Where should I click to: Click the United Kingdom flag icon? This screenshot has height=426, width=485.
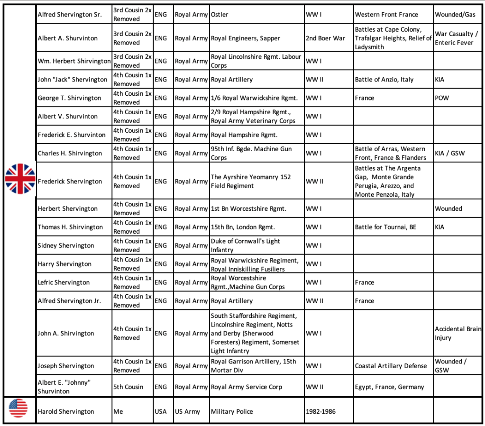pyautogui.click(x=20, y=179)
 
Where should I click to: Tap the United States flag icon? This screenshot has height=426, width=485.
pyautogui.click(x=18, y=408)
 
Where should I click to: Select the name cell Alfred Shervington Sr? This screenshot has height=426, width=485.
pyautogui.click(x=70, y=15)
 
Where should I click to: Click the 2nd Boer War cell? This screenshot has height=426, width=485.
pyautogui.click(x=325, y=38)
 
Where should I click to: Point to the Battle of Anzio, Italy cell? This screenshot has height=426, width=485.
pyautogui.click(x=384, y=80)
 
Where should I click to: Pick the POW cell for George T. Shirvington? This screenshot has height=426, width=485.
pyautogui.click(x=442, y=98)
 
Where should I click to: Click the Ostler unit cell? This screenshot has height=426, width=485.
pyautogui.click(x=220, y=15)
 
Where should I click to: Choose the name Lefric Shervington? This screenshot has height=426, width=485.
pyautogui.click(x=64, y=282)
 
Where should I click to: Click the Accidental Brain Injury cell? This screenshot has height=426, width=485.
pyautogui.click(x=458, y=333)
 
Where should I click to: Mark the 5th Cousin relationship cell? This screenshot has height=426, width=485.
pyautogui.click(x=128, y=387)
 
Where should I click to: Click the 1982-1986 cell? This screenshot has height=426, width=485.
pyautogui.click(x=320, y=411)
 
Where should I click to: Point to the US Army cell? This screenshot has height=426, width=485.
pyautogui.click(x=187, y=411)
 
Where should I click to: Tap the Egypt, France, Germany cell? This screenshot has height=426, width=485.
pyautogui.click(x=389, y=387)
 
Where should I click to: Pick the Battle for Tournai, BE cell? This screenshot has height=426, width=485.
pyautogui.click(x=385, y=227)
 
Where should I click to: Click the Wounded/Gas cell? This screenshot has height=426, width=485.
pyautogui.click(x=455, y=15)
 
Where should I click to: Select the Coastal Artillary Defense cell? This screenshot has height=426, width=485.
pyautogui.click(x=391, y=366)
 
